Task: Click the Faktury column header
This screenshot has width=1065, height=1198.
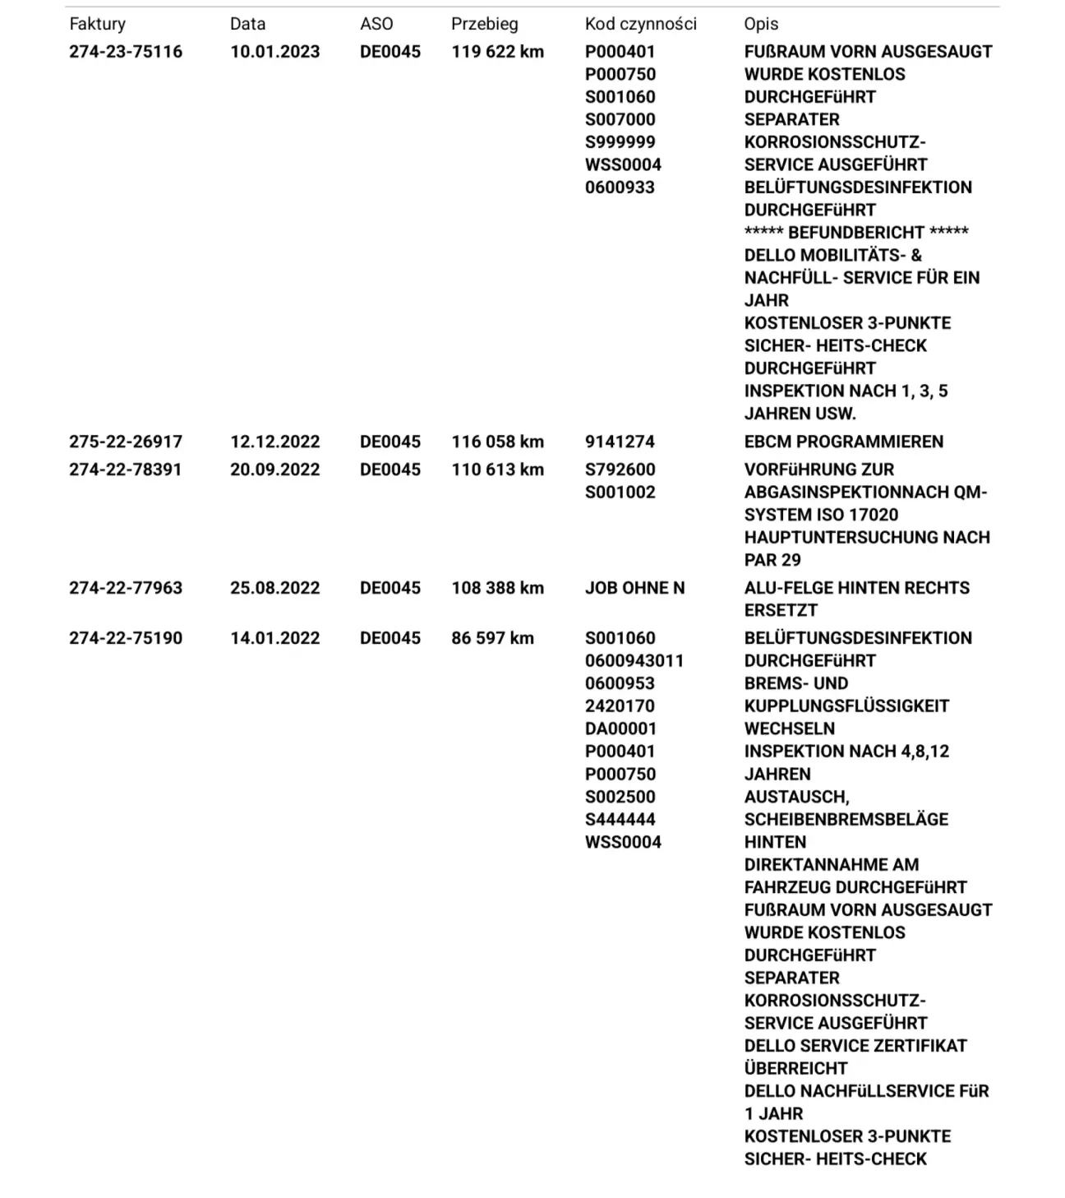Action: coord(97,25)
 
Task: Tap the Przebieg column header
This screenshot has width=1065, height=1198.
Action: coord(484,25)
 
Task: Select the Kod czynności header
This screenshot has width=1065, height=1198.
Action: coord(640,25)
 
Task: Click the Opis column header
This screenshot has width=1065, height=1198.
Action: coord(761,25)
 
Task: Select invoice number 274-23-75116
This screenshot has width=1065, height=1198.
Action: coord(126,52)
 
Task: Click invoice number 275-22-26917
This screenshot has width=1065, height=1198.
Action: coord(126,442)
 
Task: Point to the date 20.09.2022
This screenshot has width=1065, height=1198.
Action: coord(274,469)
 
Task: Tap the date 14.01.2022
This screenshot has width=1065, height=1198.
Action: coord(274,638)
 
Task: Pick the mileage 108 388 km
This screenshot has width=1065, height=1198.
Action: coord(497,588)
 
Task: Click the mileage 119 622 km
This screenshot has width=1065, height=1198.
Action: coord(497,52)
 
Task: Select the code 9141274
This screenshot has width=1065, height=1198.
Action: coord(620,442)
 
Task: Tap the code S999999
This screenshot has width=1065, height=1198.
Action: coord(620,142)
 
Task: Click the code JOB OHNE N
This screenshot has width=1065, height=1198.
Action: coord(634,588)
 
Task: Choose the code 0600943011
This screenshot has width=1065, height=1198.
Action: coord(634,661)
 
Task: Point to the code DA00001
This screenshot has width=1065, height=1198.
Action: coord(620,729)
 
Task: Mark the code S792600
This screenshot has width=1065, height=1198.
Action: coord(620,469)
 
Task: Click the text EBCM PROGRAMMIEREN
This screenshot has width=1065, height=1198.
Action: coord(843,442)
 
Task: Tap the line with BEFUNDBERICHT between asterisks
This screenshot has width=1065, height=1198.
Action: coord(856,233)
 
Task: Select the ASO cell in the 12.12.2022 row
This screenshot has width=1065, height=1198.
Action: coord(390,442)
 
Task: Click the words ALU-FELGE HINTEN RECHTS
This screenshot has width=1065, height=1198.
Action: coord(856,588)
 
